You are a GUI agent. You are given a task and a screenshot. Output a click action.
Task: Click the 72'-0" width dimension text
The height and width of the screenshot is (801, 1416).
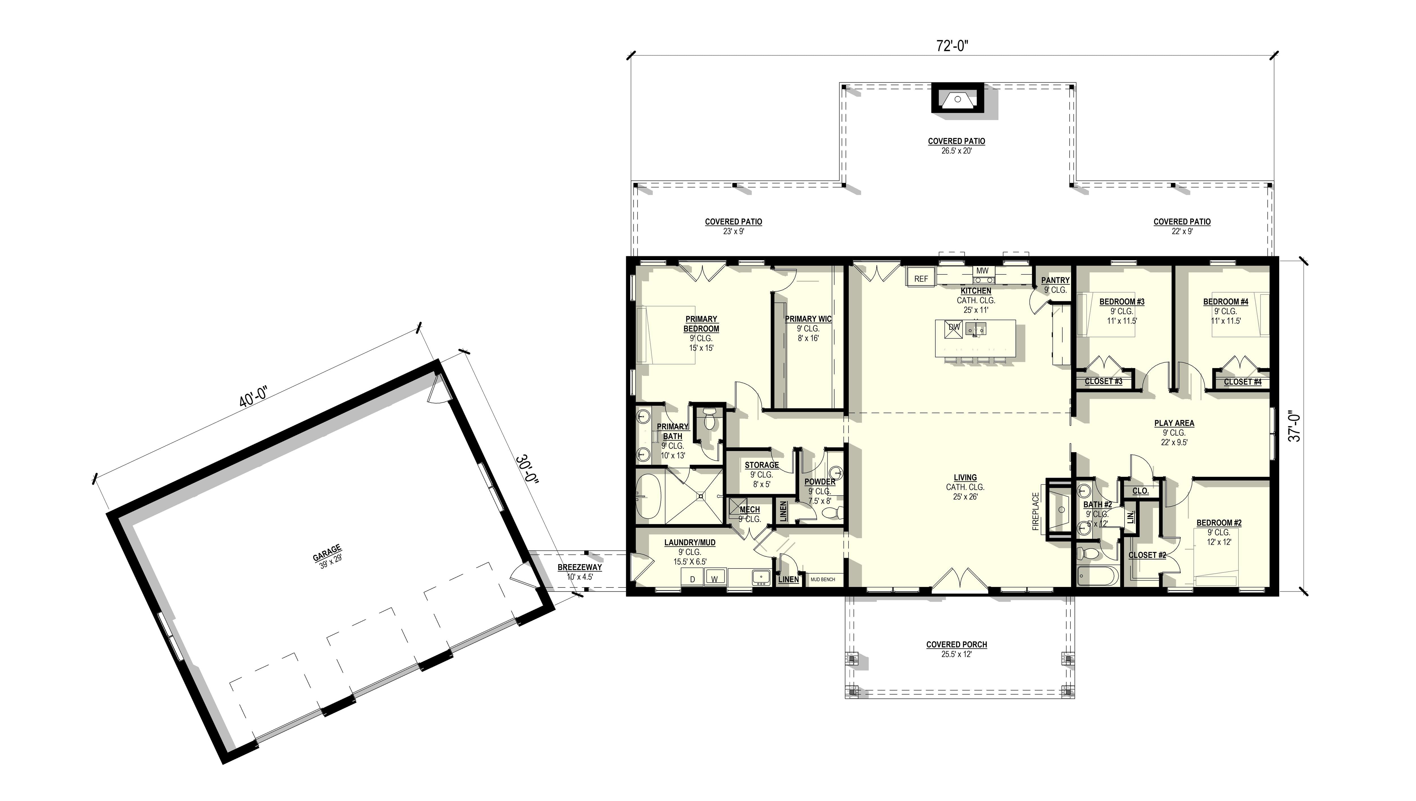(x=952, y=46)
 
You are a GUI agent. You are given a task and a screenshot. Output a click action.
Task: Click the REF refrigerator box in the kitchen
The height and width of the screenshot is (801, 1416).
(x=921, y=278)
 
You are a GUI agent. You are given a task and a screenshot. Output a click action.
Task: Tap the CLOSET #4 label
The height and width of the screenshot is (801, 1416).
(x=1242, y=382)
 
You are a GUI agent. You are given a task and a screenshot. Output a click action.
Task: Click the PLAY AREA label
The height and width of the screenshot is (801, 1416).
(x=1174, y=423)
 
